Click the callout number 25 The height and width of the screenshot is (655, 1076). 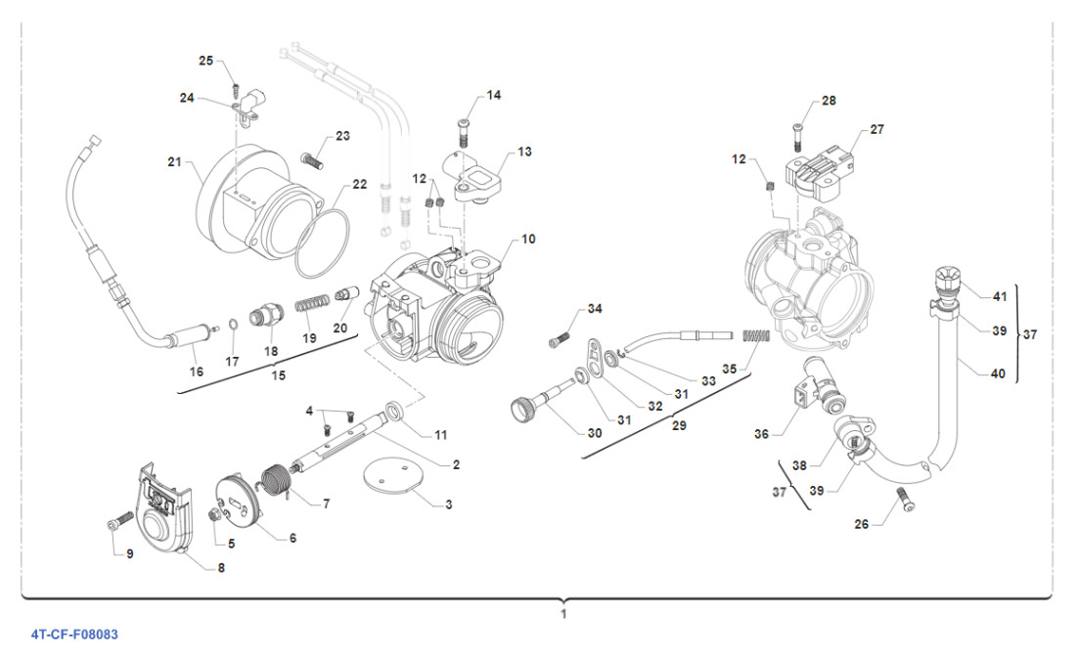pos(205,61)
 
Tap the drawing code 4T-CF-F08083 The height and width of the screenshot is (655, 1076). pos(73,634)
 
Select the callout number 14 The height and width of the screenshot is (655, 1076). pos(493,95)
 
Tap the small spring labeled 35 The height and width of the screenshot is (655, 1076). pos(759,337)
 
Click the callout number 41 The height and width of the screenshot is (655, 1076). pos(999,296)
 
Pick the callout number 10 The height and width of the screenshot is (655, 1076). pos(528,238)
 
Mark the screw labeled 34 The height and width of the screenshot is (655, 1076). pos(560,339)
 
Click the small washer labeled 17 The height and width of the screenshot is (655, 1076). pos(233,326)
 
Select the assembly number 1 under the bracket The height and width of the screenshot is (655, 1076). pos(563,614)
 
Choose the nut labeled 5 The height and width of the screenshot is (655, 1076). pos(215,516)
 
